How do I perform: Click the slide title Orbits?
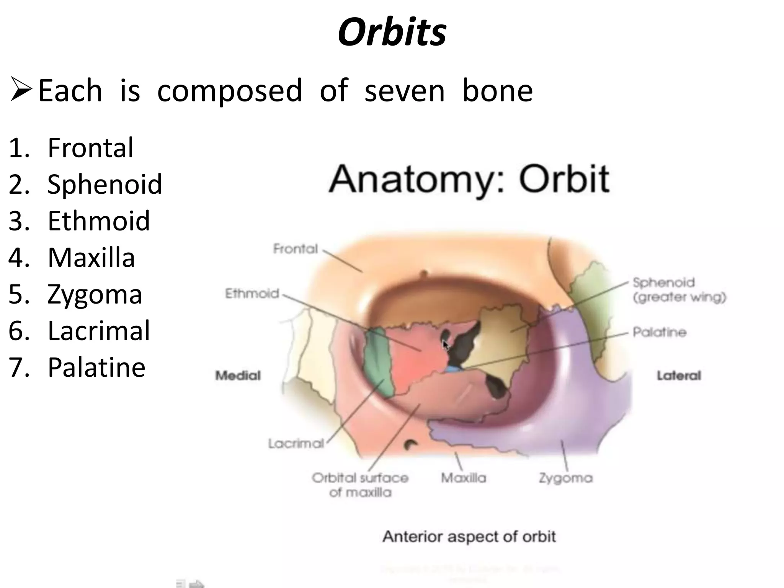point(392,32)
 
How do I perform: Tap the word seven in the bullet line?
point(404,91)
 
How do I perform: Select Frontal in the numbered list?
point(90,148)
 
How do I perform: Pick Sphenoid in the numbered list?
point(105,184)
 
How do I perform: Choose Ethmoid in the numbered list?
point(98,221)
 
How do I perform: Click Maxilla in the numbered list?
point(91,258)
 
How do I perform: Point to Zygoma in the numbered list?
point(95,294)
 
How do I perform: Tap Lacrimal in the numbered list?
point(99,331)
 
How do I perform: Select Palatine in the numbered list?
point(96,367)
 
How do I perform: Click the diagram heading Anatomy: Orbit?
point(469,179)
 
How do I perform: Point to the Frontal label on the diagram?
point(295,249)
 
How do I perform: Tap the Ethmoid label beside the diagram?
point(252,294)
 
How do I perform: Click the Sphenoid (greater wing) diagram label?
point(679,290)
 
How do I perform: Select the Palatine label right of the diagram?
point(659,332)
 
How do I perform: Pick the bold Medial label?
point(238,376)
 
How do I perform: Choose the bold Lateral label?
point(679,376)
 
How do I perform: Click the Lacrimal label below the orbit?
point(296,444)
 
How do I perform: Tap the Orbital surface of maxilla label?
point(360,485)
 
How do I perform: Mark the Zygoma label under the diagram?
point(565,478)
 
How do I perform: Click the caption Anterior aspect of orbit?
point(469,537)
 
